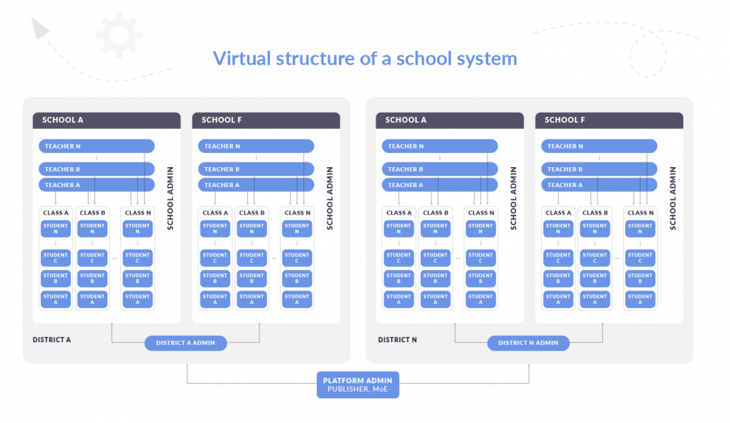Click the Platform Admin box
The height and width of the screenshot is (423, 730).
pyautogui.click(x=357, y=384)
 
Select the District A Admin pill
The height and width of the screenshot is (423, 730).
pyautogui.click(x=185, y=343)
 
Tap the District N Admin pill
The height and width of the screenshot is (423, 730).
pyautogui.click(x=528, y=343)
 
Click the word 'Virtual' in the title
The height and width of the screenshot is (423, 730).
pyautogui.click(x=242, y=59)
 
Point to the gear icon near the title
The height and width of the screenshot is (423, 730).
pyautogui.click(x=119, y=35)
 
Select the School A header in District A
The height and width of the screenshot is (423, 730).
pyautogui.click(x=106, y=120)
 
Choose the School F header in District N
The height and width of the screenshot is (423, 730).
pyautogui.click(x=609, y=120)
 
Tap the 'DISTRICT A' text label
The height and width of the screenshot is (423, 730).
pyautogui.click(x=52, y=339)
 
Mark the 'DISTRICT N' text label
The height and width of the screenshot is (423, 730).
pyautogui.click(x=397, y=339)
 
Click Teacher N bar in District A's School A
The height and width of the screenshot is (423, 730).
pyautogui.click(x=96, y=146)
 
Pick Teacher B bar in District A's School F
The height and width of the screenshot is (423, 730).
pyautogui.click(x=256, y=169)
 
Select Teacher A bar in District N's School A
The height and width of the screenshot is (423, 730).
pyautogui.click(x=439, y=185)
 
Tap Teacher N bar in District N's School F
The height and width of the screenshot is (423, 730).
pyautogui.click(x=599, y=146)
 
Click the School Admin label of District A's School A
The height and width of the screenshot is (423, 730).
pyautogui.click(x=170, y=198)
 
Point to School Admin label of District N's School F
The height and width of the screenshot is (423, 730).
pyautogui.click(x=673, y=198)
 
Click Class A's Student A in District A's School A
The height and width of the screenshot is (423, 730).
pyautogui.click(x=55, y=299)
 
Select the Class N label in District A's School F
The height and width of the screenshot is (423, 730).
pyautogui.click(x=297, y=213)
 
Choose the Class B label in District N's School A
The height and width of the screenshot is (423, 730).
pyautogui.click(x=435, y=213)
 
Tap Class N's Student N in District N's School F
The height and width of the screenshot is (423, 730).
pyautogui.click(x=640, y=228)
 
